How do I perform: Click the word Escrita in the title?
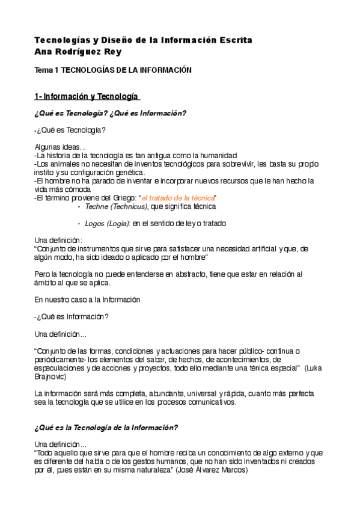(x=233, y=40)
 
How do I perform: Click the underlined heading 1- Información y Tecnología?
(x=87, y=97)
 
